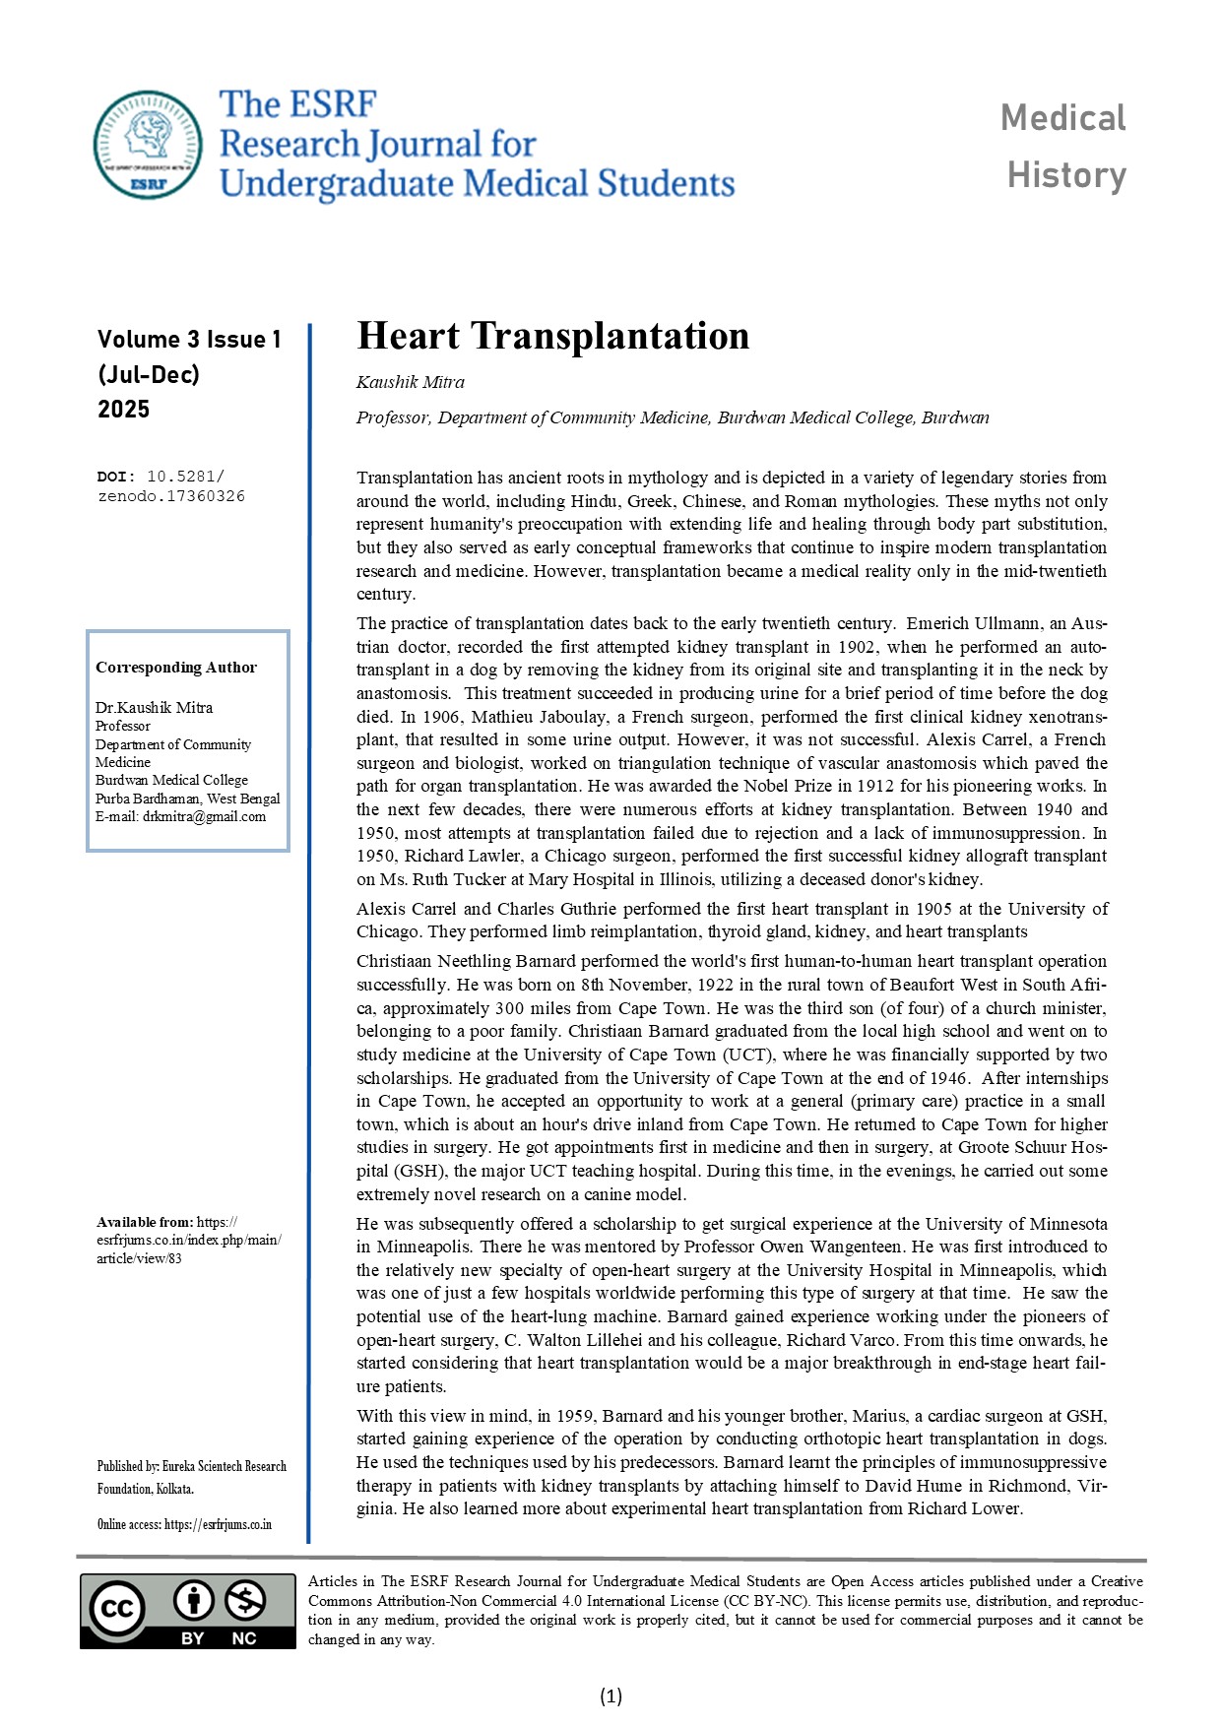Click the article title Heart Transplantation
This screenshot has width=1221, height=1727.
click(552, 336)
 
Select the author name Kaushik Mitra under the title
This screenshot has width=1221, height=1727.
click(410, 382)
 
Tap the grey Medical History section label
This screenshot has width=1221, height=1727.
click(1064, 146)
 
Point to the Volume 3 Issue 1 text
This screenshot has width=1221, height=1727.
click(189, 340)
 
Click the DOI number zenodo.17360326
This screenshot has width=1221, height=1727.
click(171, 496)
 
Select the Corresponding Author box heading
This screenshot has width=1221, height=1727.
click(175, 668)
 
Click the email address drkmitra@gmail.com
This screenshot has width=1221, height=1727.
click(204, 816)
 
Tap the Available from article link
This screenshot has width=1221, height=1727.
click(188, 1241)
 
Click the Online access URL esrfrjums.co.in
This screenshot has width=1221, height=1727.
click(218, 1524)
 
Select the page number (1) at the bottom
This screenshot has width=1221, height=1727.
click(610, 1695)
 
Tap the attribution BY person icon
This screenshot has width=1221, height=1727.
click(194, 1601)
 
